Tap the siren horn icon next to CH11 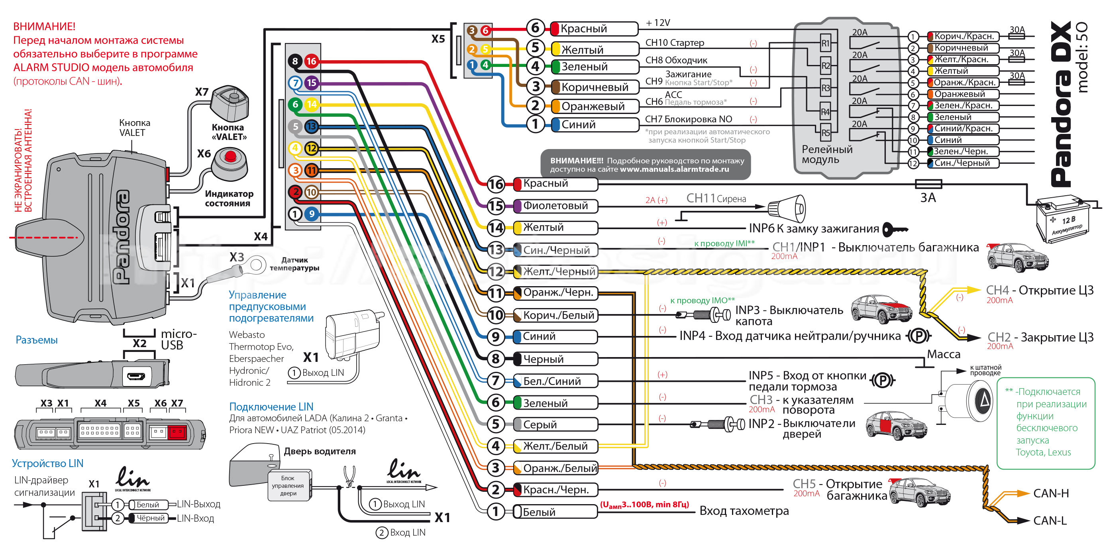787,208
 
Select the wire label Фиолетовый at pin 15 555,206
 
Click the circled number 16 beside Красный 496,184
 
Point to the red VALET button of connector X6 230,156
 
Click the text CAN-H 1050,493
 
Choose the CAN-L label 1050,520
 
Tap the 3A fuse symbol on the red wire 928,184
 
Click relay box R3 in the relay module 825,88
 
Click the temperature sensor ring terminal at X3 256,264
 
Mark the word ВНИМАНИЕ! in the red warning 44,27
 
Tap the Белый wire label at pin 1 539,512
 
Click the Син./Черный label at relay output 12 962,163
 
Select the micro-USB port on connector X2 136,376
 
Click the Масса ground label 943,354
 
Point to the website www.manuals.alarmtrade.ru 674,169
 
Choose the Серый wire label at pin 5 540,424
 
